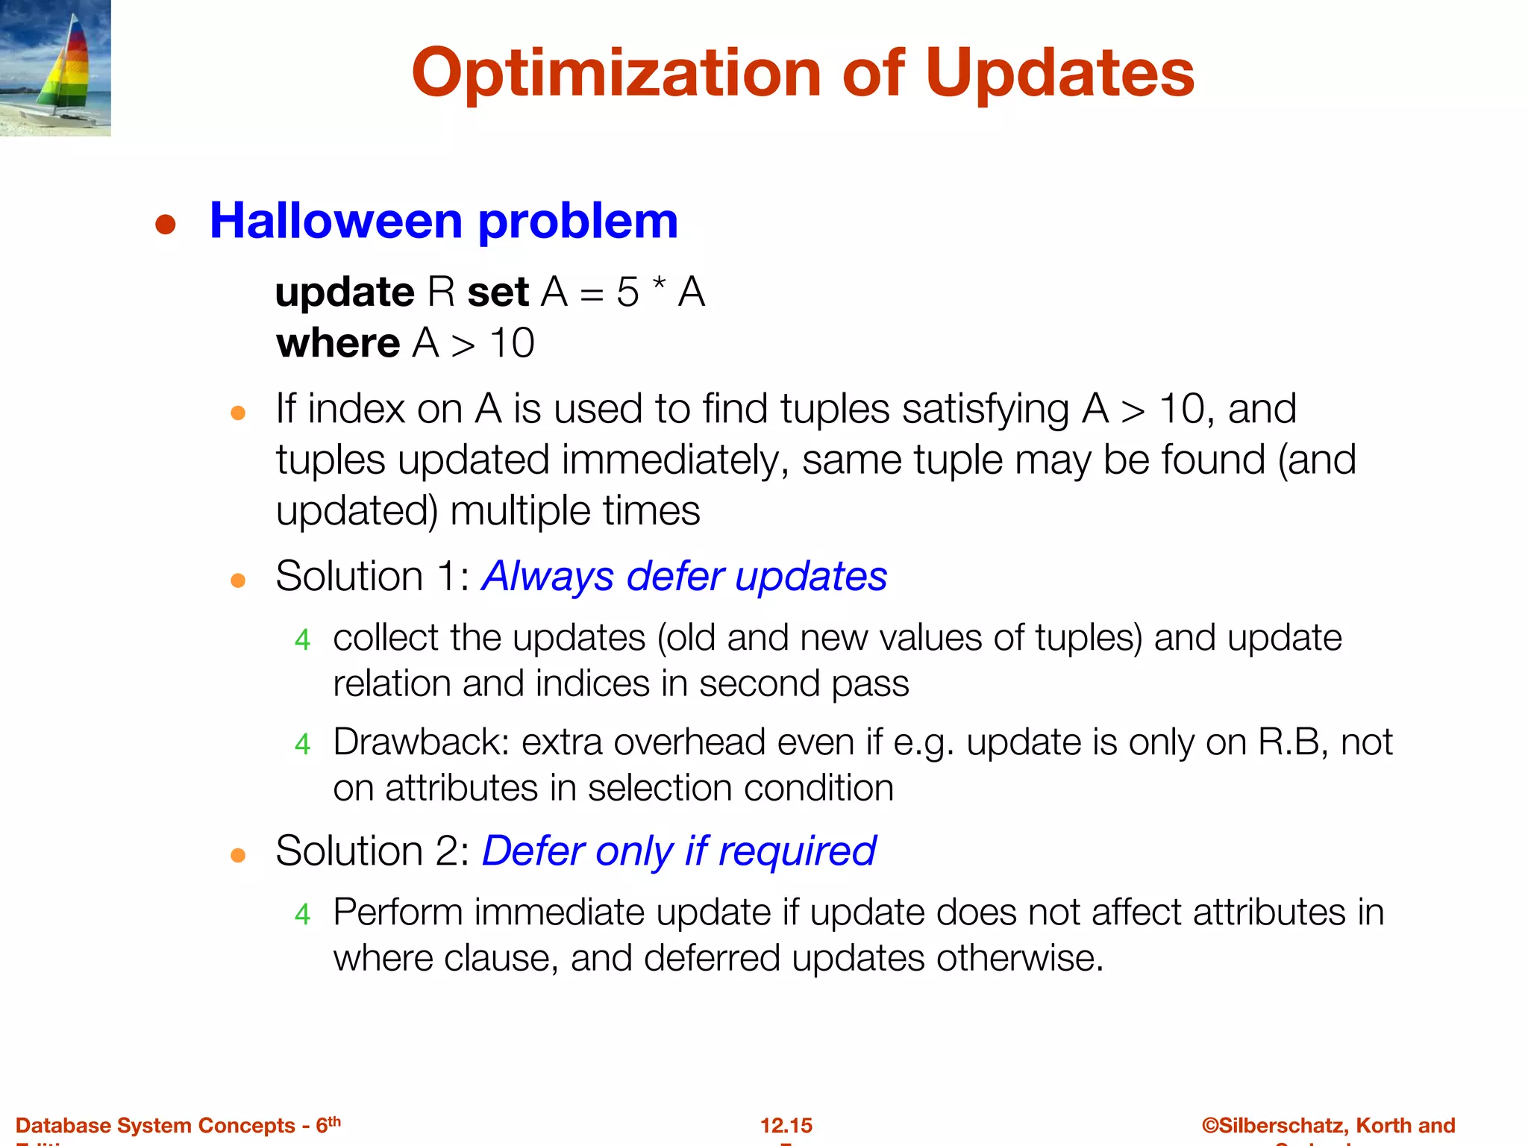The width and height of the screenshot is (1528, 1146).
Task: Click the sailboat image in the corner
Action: point(55,67)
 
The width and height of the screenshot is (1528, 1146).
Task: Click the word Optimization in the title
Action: point(616,73)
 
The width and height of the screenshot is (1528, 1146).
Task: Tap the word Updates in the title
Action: point(1059,73)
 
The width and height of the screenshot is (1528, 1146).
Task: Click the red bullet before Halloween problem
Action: point(165,225)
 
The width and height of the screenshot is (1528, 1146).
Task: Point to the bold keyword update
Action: point(344,292)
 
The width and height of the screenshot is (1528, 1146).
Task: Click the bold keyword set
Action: point(498,292)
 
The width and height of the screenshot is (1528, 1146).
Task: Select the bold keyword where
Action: point(337,343)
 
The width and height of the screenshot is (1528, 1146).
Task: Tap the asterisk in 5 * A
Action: point(658,286)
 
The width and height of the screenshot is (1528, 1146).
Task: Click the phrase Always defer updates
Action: point(684,576)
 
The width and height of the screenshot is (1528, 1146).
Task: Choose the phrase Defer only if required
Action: point(679,851)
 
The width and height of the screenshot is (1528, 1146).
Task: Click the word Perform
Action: point(398,912)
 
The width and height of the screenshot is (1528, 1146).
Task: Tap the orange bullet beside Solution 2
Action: point(238,855)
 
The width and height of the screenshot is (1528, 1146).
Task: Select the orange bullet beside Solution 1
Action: point(238,580)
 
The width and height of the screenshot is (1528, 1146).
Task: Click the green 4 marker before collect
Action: point(302,640)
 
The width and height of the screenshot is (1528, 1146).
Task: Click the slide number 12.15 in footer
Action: point(786,1125)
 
